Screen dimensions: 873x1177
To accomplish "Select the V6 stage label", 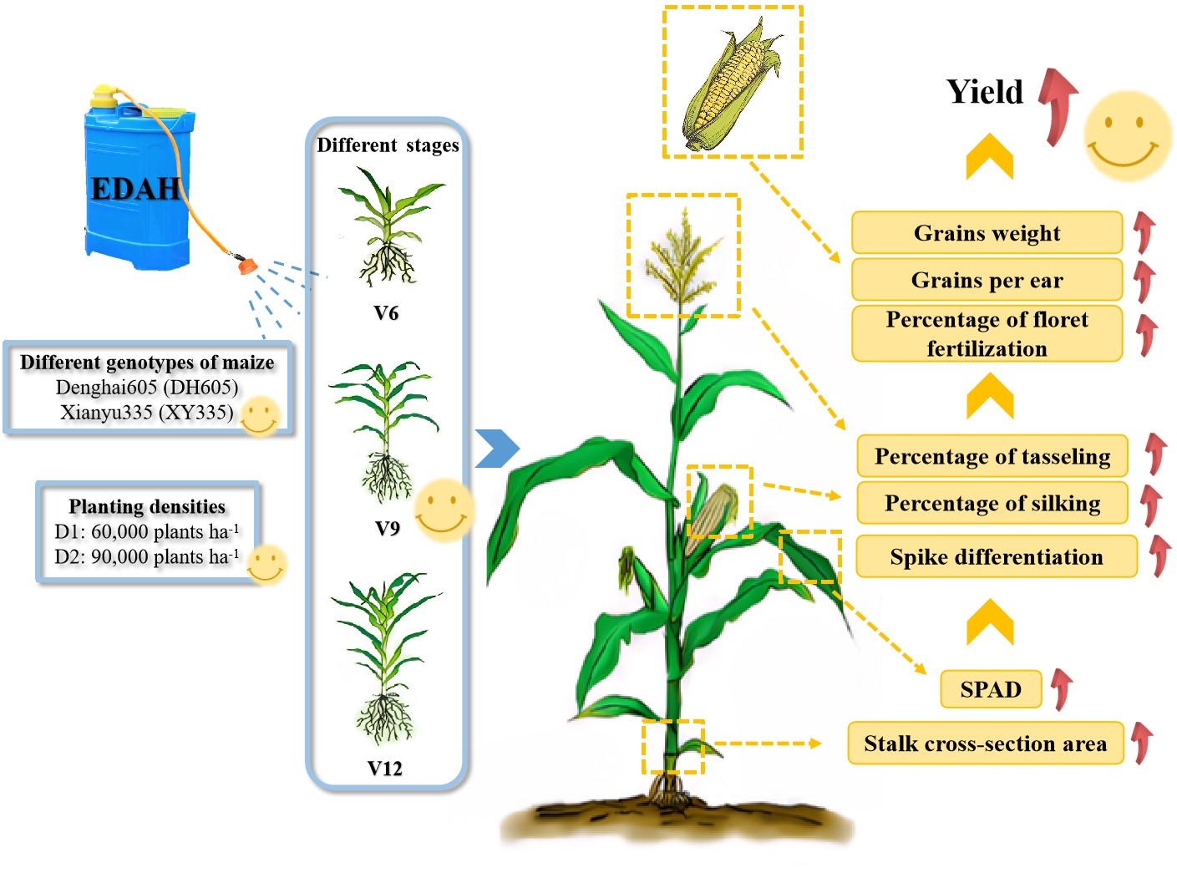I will click(386, 313).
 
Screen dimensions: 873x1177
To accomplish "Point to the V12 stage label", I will click(385, 769).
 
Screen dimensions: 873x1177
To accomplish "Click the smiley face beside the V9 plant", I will click(444, 509).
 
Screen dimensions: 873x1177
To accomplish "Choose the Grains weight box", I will click(987, 233).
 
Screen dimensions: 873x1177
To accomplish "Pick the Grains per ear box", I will click(987, 280).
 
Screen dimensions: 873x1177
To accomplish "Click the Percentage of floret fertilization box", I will click(987, 333).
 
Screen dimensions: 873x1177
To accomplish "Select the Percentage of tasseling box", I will click(992, 456).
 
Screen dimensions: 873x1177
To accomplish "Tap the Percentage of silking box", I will click(992, 503).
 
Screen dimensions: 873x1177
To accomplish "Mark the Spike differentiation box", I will click(997, 556).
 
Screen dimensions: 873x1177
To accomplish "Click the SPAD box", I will click(991, 689).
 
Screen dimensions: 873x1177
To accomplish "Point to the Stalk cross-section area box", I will click(985, 744).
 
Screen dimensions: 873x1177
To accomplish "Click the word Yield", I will click(985, 92).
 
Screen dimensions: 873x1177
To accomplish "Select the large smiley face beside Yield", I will click(1127, 135).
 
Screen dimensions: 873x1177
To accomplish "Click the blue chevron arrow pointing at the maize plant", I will click(496, 449).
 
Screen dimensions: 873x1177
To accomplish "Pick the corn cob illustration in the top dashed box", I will click(731, 84).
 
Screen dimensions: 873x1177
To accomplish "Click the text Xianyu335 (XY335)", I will click(147, 412).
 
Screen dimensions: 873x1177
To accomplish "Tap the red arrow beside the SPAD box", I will click(1062, 688).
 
